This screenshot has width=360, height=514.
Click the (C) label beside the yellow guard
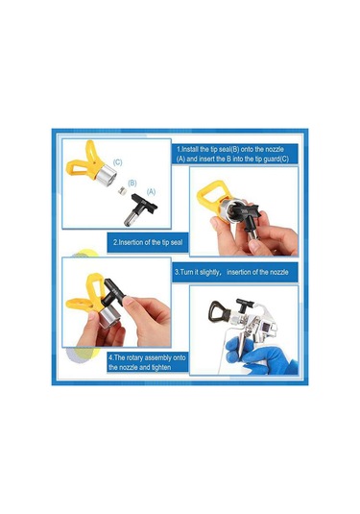click(117, 162)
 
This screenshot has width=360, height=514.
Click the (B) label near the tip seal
click(132, 183)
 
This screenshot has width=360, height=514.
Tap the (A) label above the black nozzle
click(151, 192)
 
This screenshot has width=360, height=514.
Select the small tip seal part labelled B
click(122, 190)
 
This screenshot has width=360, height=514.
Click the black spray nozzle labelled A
click(140, 208)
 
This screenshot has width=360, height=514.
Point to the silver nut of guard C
click(107, 173)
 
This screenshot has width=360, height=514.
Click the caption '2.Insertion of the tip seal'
click(148, 242)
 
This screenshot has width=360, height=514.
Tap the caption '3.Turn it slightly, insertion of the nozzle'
click(231, 272)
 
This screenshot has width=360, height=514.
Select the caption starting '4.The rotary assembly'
click(147, 362)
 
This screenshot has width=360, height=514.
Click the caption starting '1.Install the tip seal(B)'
click(232, 154)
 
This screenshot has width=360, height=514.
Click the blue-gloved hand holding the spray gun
click(259, 357)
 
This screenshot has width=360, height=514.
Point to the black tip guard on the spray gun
click(219, 311)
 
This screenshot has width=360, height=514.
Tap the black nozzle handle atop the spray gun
click(245, 305)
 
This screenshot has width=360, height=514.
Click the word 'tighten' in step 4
click(161, 367)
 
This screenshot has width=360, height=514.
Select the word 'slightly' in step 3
click(208, 272)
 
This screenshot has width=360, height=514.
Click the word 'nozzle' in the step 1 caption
click(275, 149)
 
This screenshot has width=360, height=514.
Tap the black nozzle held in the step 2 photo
click(248, 218)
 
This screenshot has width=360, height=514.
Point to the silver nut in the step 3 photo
click(108, 316)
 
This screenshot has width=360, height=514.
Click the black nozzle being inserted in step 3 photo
click(114, 291)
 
